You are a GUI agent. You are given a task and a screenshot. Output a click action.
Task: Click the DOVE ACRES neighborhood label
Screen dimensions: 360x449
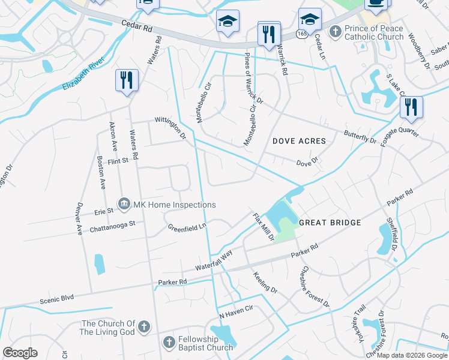(x=299, y=142)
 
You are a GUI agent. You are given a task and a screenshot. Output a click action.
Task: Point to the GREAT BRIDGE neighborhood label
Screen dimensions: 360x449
(x=330, y=223)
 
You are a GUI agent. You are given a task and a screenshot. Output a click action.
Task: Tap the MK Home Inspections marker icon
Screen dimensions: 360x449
(x=124, y=204)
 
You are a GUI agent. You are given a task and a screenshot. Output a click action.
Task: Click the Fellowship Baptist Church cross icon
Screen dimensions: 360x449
(x=169, y=342)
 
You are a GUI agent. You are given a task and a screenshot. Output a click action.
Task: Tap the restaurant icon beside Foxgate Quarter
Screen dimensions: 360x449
(x=411, y=107)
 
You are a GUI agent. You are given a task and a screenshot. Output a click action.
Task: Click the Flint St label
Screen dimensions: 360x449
(x=118, y=161)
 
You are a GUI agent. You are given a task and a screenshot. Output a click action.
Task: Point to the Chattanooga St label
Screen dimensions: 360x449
(x=113, y=226)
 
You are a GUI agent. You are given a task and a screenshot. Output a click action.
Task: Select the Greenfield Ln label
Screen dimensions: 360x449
(x=187, y=227)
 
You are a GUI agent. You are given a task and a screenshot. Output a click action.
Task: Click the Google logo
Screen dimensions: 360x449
(x=20, y=353)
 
